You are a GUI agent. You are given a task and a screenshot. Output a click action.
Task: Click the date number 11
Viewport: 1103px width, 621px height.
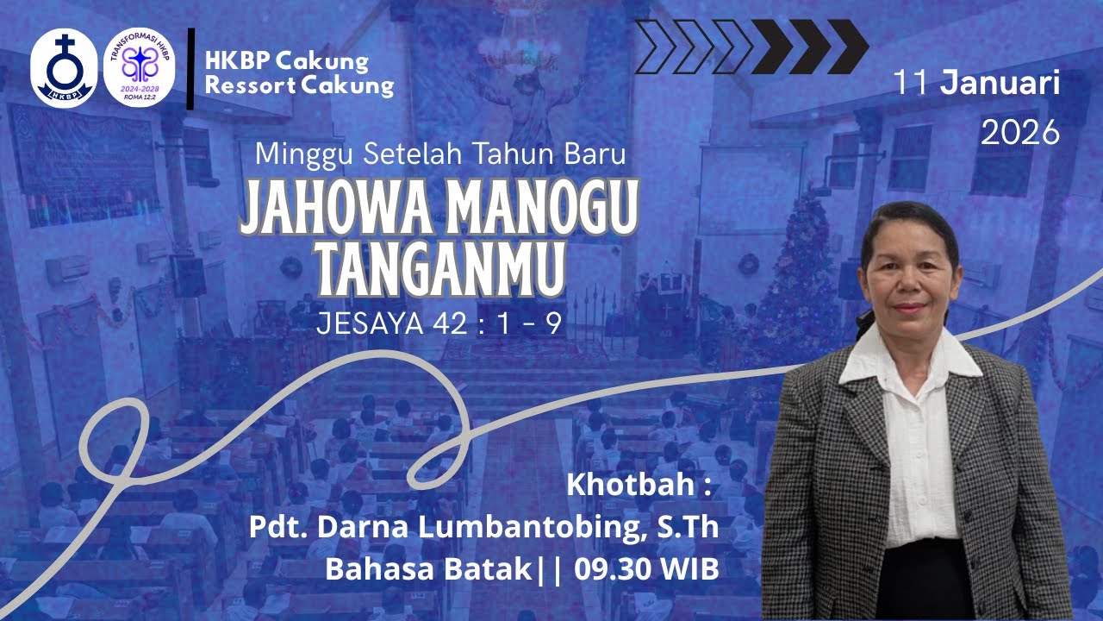(x=913, y=85)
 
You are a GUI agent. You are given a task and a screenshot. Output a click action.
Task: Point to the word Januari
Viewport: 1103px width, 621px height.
(x=1000, y=85)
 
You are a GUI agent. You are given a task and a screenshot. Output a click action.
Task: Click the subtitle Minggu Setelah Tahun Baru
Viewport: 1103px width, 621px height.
(x=439, y=155)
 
